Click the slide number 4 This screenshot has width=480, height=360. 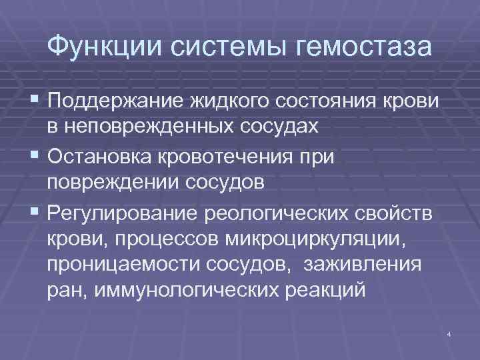pyautogui.click(x=450, y=333)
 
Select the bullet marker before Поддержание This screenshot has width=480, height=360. pyautogui.click(x=35, y=100)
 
